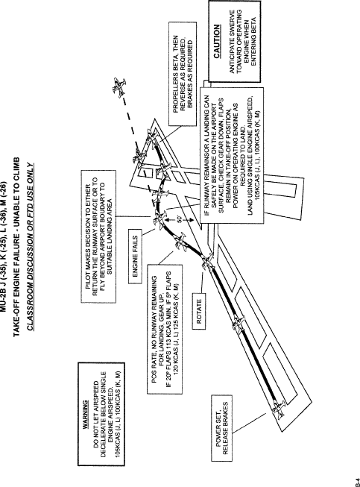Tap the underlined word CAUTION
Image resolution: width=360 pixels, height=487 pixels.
pyautogui.click(x=217, y=41)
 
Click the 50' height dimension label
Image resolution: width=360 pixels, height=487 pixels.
pyautogui.click(x=180, y=219)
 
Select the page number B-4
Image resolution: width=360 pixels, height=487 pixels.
pyautogui.click(x=358, y=480)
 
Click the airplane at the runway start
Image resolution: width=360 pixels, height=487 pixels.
pyautogui.click(x=278, y=409)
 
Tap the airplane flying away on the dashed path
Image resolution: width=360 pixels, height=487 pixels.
pyautogui.click(x=119, y=87)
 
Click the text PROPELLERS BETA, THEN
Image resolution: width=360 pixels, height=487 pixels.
pyautogui.click(x=176, y=74)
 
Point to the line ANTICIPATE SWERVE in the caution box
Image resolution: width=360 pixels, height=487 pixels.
pyautogui.click(x=232, y=41)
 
